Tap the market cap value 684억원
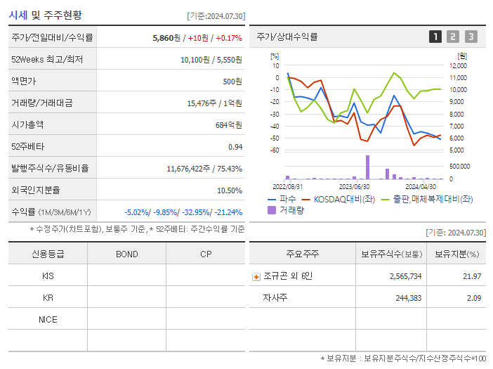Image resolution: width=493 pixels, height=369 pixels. click(229, 125)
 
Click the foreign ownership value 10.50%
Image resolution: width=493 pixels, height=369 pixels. click(229, 190)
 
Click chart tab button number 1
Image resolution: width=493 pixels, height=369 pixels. click(435, 37)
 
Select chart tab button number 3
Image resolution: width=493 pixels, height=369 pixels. click(471, 37)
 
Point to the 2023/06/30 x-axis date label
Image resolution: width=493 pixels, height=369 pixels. click(354, 187)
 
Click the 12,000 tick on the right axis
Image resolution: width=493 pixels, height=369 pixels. click(457, 66)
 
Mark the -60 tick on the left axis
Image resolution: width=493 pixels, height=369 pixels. click(275, 150)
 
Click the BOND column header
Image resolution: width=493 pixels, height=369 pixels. click(126, 254)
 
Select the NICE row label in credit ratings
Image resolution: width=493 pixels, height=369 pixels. click(48, 319)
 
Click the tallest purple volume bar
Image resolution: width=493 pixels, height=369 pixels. click(367, 167)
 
